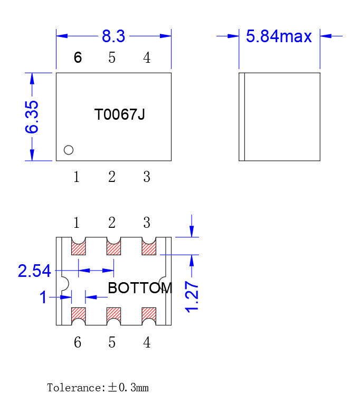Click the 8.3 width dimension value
tap(113, 36)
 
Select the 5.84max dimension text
tap(279, 36)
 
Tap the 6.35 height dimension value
tap(32, 117)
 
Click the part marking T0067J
tap(119, 114)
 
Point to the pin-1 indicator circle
tap(69, 150)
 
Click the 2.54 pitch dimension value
tap(34, 271)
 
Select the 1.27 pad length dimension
tap(192, 297)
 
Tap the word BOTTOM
tap(140, 288)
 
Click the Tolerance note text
tap(98, 388)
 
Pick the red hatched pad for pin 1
tap(79, 249)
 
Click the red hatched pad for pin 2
tap(113, 249)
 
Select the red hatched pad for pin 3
tap(149, 249)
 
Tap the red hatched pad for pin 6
tap(79, 314)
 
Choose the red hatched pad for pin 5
tap(113, 314)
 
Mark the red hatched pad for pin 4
tap(149, 314)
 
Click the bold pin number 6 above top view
tap(78, 57)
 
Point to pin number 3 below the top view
tap(147, 177)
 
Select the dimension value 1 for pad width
tap(43, 297)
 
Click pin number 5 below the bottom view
tap(112, 342)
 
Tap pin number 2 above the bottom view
tap(112, 223)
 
